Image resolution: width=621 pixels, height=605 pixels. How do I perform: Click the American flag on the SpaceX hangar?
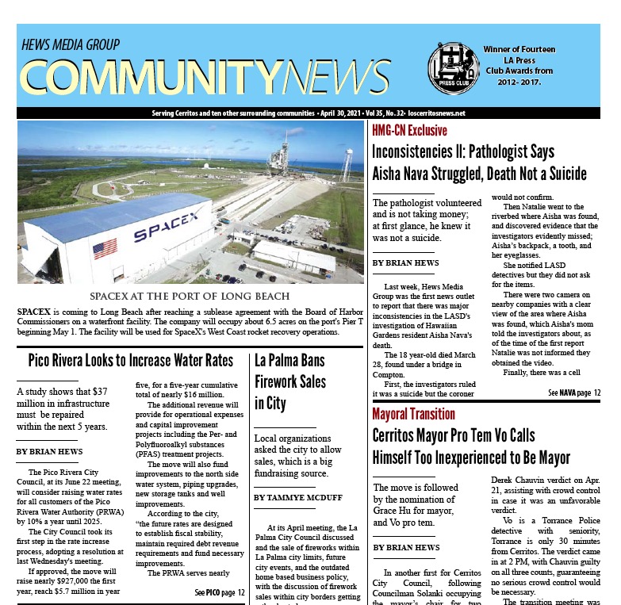(x=104, y=249)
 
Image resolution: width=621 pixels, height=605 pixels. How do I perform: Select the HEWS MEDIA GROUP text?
(x=71, y=44)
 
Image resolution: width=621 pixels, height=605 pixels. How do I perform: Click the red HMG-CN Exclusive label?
(x=409, y=131)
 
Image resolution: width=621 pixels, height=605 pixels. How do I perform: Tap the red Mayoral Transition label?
(x=413, y=414)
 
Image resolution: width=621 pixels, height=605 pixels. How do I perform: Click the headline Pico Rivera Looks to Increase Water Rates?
(x=130, y=362)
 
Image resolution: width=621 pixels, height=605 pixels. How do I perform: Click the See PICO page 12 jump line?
(x=220, y=592)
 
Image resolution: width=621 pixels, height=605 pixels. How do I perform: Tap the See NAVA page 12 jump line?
(x=575, y=392)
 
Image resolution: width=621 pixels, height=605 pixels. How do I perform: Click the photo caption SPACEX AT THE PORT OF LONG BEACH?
(x=190, y=297)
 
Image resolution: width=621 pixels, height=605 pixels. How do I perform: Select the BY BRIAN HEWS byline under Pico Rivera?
(x=49, y=452)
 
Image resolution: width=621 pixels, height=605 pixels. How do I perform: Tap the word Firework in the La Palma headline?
(x=279, y=381)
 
